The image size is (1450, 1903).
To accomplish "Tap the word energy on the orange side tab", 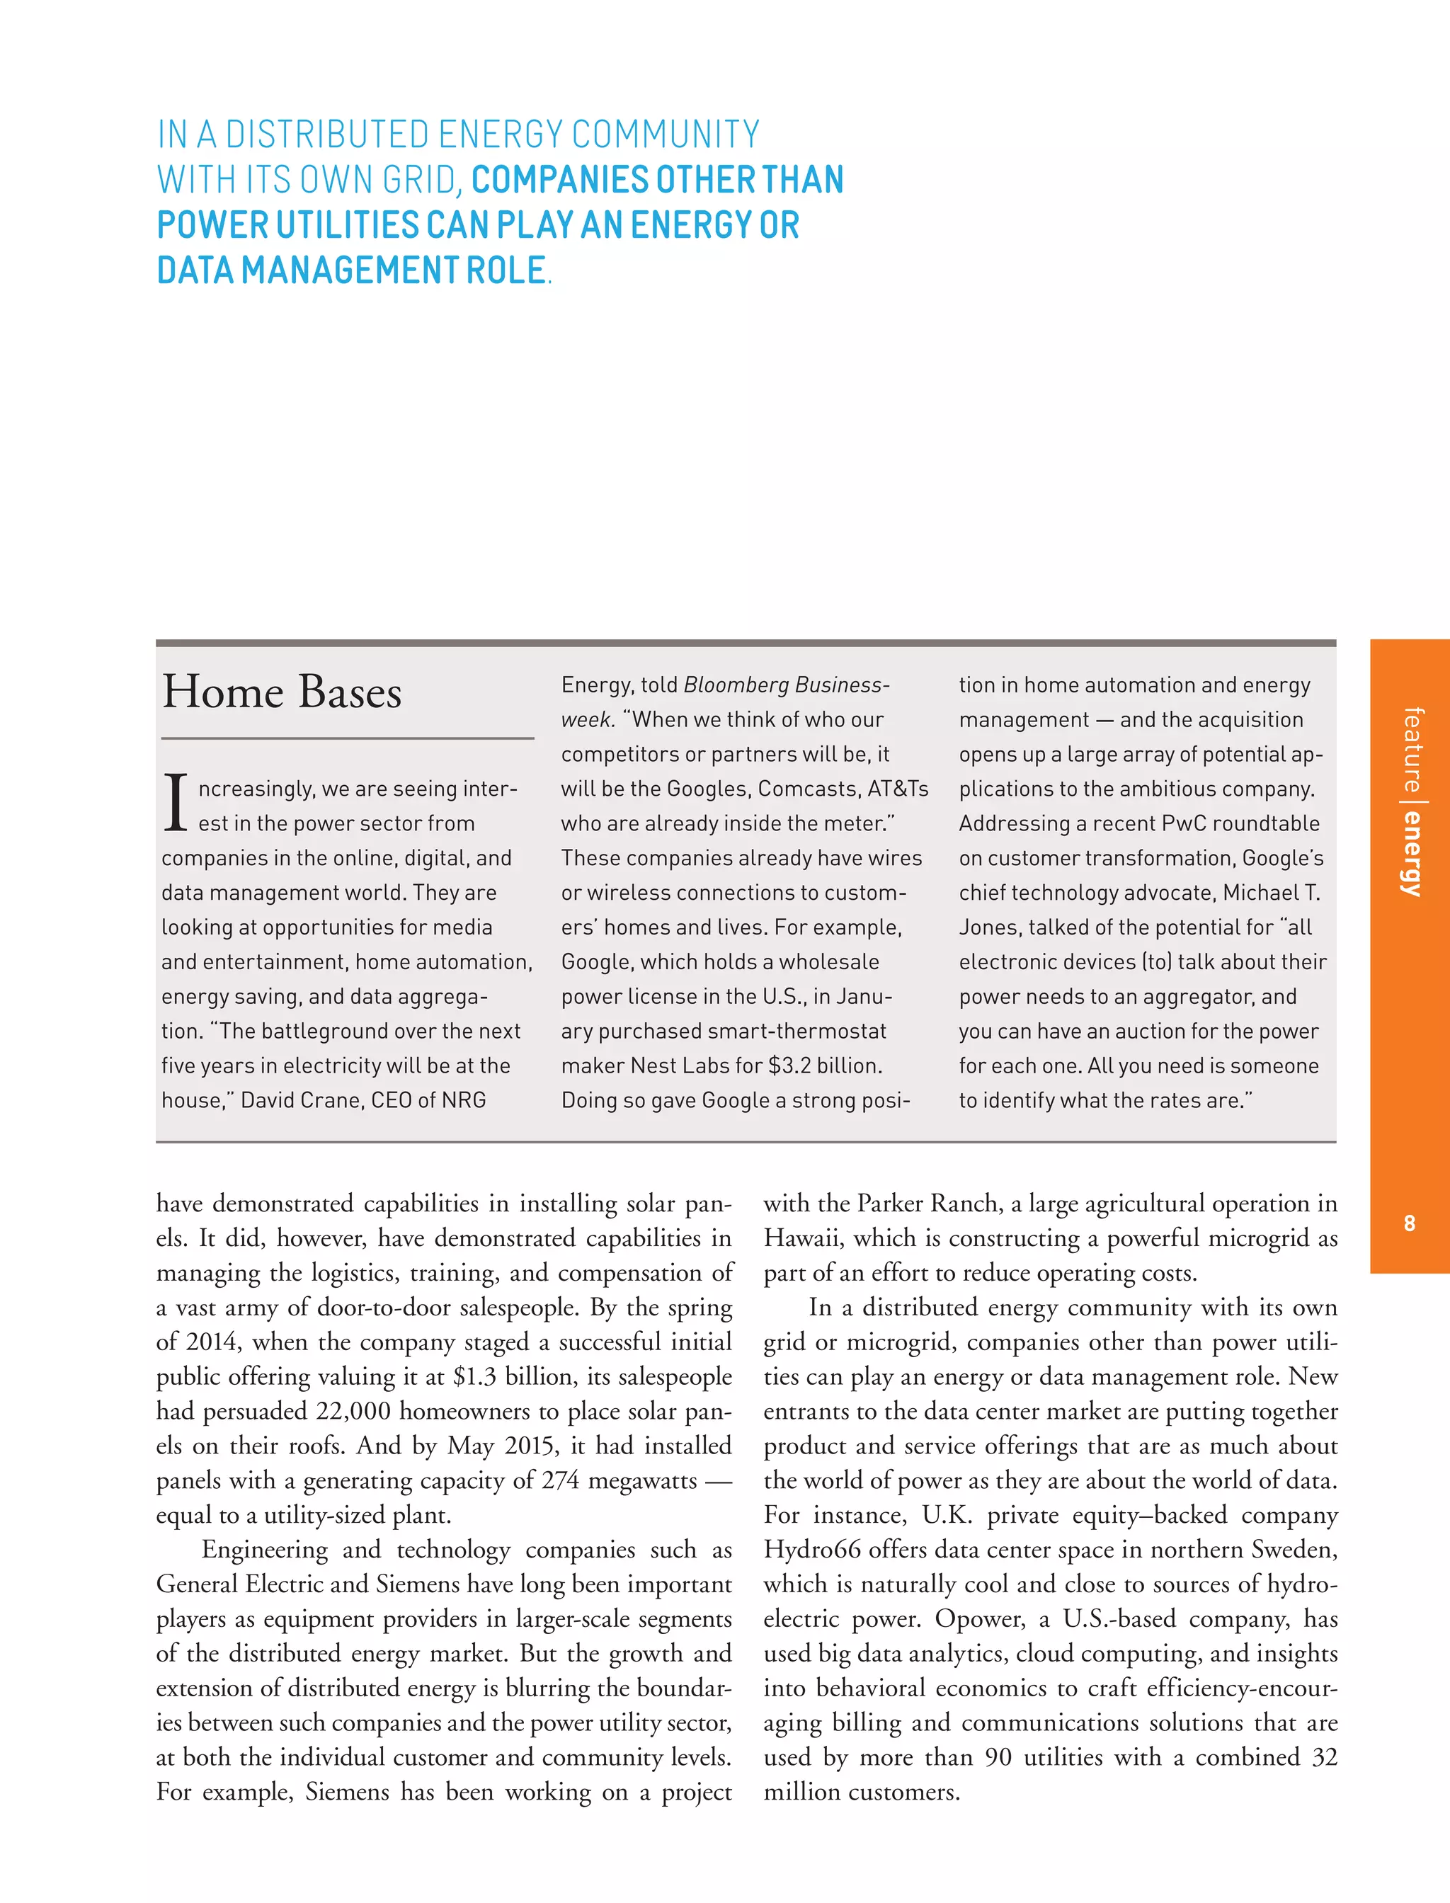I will pyautogui.click(x=1411, y=854).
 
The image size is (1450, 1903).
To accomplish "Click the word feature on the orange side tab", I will pyautogui.click(x=1411, y=749).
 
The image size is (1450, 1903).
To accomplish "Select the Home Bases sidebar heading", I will pyautogui.click(x=282, y=692).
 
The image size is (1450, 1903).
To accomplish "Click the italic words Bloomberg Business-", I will pyautogui.click(x=785, y=685).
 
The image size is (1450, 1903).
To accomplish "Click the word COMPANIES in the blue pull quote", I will pyautogui.click(x=559, y=180).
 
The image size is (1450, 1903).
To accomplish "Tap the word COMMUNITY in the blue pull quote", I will pyautogui.click(x=666, y=135).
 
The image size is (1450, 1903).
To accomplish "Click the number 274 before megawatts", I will pyautogui.click(x=560, y=1481).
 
